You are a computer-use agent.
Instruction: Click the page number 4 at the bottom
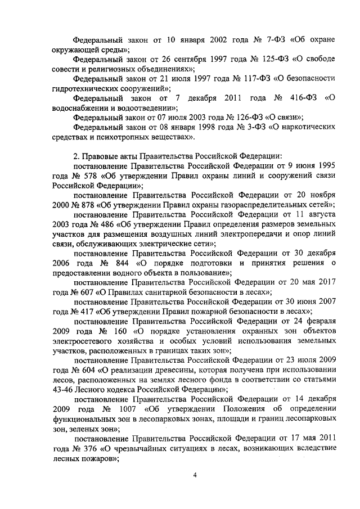coord(195,475)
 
